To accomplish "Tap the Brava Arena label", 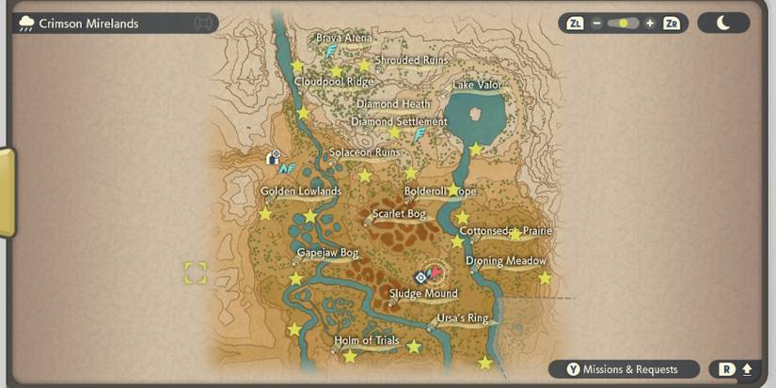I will click(x=343, y=39).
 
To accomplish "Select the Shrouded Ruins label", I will click(x=410, y=60).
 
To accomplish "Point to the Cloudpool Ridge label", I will click(x=334, y=82).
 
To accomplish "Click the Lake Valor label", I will click(x=477, y=85).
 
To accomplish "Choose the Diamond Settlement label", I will click(x=399, y=122).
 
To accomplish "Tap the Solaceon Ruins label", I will click(x=364, y=152).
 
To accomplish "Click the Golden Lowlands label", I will click(x=301, y=192).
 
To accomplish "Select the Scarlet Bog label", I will click(x=399, y=214).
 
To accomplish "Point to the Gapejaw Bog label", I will click(x=327, y=254).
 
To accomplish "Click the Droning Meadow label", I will click(x=506, y=261).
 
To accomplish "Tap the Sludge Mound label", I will click(x=423, y=294).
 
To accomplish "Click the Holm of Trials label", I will click(x=367, y=341).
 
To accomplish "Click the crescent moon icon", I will click(x=723, y=23).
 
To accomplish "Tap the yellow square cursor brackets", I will click(x=195, y=273).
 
